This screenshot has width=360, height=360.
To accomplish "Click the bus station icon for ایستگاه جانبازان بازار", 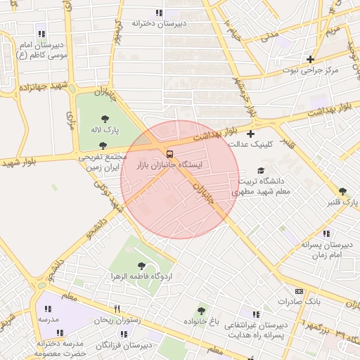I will pyautogui.click(x=169, y=153).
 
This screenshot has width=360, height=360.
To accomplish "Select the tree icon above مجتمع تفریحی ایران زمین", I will pyautogui.click(x=103, y=146).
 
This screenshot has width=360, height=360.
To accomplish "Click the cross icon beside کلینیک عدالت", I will pyautogui.click(x=250, y=134).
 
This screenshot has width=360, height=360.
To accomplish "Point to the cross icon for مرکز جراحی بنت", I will pyautogui.click(x=310, y=59).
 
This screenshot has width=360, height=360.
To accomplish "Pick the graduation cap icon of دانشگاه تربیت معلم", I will pyautogui.click(x=261, y=170).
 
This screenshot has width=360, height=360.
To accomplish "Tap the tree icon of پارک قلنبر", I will pyautogui.click(x=342, y=191).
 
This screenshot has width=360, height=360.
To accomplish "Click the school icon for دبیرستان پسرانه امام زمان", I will pyautogui.click(x=326, y=233).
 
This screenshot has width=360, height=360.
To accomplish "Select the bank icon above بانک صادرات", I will pyautogui.click(x=299, y=291).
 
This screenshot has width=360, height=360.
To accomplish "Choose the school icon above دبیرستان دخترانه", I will pyautogui.click(x=159, y=13).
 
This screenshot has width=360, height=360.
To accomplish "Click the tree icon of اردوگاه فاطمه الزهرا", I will pyautogui.click(x=141, y=266).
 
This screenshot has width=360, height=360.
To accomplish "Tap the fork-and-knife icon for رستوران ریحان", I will pyautogui.click(x=117, y=309).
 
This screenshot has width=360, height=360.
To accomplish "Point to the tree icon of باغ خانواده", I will pyautogui.click(x=202, y=311).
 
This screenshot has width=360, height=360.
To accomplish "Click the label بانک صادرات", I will pyautogui.click(x=298, y=302).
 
